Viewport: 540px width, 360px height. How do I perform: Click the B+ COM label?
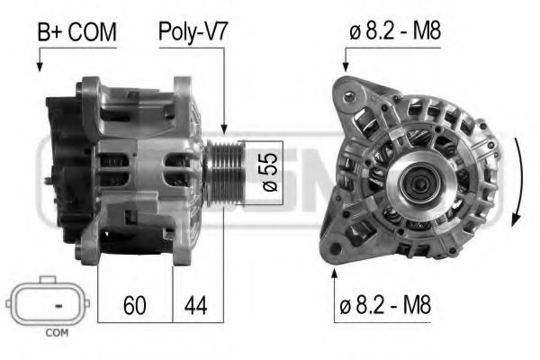[x=76, y=33]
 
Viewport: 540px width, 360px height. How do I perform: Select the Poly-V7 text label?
[x=193, y=33]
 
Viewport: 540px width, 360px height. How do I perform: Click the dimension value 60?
[x=134, y=305]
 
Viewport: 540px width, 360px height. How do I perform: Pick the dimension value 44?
[x=195, y=305]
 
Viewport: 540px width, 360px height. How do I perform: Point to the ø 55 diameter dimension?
[x=267, y=172]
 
